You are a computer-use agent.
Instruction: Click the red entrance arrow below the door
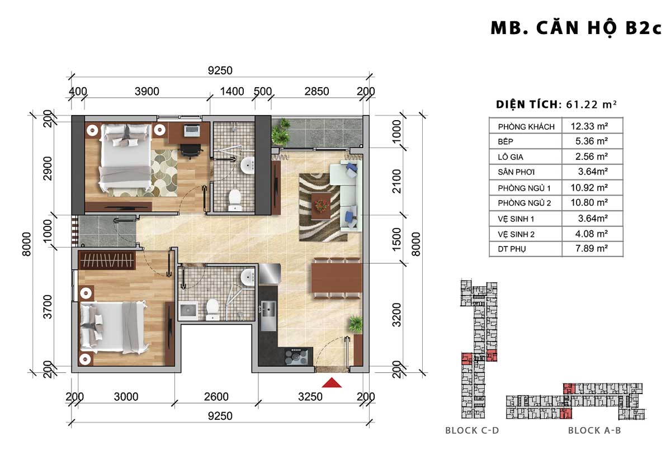332,383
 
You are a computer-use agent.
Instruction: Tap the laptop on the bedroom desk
191,130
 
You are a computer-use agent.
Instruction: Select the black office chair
190,150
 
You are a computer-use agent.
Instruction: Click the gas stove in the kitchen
296,357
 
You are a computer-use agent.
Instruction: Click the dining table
337,278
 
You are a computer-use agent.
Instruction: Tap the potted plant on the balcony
281,132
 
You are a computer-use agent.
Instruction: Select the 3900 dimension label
147,91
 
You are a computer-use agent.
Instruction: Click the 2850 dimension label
316,91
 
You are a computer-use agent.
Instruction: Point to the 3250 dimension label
310,397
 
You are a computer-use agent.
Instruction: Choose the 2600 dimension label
216,397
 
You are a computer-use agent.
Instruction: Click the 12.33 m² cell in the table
589,126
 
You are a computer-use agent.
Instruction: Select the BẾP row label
505,141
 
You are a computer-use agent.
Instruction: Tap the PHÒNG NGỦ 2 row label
524,203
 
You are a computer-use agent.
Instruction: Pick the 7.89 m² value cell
592,249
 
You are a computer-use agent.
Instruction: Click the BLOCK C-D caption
472,430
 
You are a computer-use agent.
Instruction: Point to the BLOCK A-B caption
594,430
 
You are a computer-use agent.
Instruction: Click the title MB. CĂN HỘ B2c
576,29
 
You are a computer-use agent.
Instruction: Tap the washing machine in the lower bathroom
188,311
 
